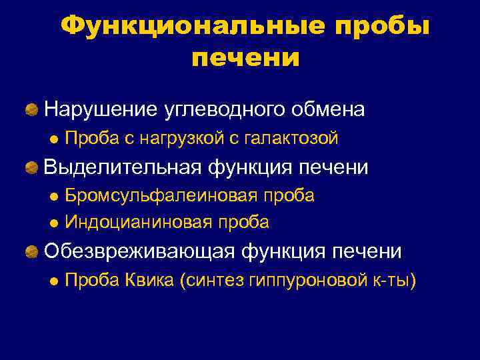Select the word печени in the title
[245, 58]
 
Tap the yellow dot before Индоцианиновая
[55, 222]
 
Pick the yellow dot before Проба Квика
[55, 281]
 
